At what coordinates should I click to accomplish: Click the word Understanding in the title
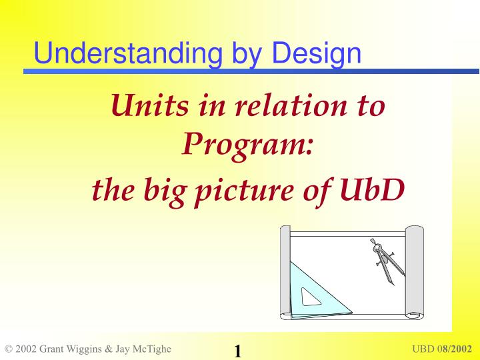pyautogui.click(x=128, y=53)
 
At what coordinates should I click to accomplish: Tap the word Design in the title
pyautogui.click(x=316, y=54)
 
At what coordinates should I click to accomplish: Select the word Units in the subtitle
pyautogui.click(x=150, y=105)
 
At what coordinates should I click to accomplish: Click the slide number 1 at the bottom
pyautogui.click(x=238, y=351)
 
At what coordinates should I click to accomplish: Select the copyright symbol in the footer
pyautogui.click(x=9, y=349)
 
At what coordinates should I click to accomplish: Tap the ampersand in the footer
pyautogui.click(x=109, y=349)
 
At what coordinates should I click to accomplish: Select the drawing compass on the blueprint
pyautogui.click(x=387, y=261)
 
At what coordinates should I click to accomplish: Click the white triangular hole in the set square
pyautogui.click(x=311, y=297)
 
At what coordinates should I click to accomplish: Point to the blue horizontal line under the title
pyautogui.click(x=251, y=71)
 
